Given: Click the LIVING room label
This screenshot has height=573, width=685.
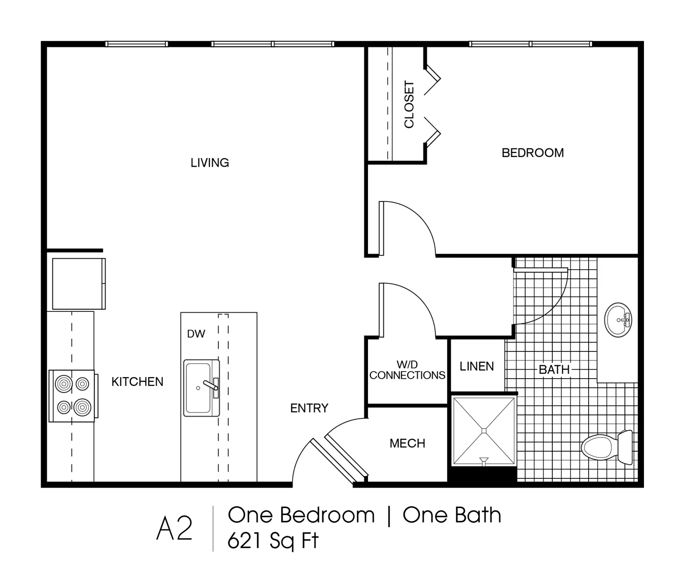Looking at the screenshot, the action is [210, 163].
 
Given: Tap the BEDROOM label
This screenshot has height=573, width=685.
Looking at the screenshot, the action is [533, 153].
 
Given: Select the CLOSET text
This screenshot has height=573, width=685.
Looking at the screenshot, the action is [409, 105].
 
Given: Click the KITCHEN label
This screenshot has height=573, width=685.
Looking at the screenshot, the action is [137, 382].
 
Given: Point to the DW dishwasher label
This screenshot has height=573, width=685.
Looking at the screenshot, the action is [196, 334].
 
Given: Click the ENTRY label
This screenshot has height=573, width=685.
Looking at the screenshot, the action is [309, 408].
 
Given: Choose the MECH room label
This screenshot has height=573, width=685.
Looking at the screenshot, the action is [407, 444].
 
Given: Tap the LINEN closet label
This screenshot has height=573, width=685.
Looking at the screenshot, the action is [476, 366].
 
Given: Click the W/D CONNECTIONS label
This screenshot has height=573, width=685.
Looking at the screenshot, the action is [407, 370].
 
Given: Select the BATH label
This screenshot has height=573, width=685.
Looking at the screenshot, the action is [554, 370].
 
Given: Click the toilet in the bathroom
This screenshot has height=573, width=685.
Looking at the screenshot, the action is [607, 447].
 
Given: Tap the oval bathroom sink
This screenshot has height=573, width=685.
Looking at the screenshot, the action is [618, 320].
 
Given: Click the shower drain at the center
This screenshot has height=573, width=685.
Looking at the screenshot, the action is [484, 431].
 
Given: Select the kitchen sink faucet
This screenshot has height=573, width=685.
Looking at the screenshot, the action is [211, 385].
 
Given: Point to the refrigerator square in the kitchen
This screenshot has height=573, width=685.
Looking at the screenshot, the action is [79, 284].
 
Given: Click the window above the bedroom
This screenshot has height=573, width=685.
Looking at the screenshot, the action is [530, 44].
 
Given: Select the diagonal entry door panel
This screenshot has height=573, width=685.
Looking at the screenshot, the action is [339, 460].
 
